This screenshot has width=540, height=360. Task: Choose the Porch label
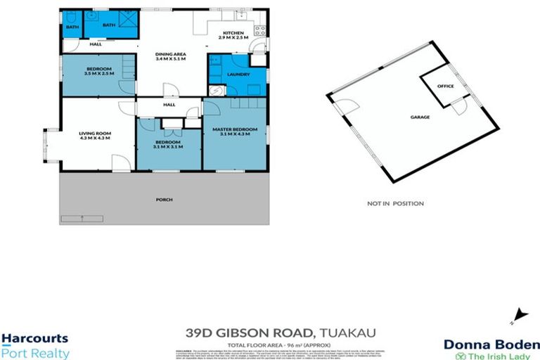pos(163,200)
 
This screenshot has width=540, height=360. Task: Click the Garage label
pos(421,117)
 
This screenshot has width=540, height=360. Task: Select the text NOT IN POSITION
pos(395,204)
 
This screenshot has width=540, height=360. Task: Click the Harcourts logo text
pos(34,339)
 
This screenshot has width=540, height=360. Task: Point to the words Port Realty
pos(35,353)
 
